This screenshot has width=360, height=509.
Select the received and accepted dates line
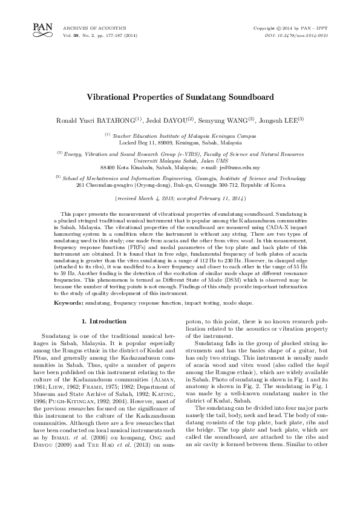(x=180, y=198)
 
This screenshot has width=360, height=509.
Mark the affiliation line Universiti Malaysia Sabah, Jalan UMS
(x=180, y=160)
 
